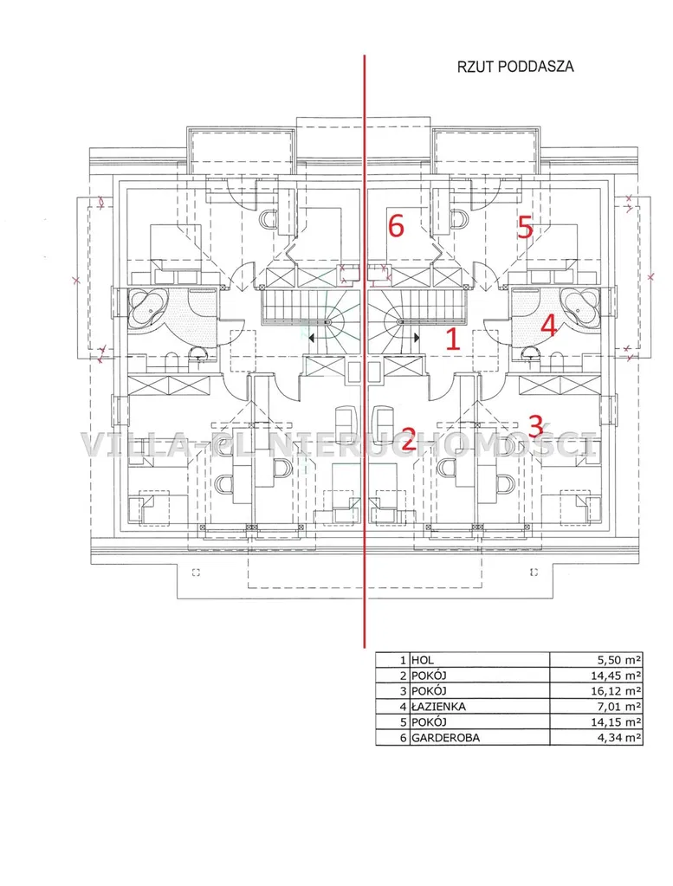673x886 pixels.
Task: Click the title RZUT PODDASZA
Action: point(515,67)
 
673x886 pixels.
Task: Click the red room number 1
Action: point(453,339)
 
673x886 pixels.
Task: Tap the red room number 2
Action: point(408,440)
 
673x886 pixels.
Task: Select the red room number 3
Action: point(536,425)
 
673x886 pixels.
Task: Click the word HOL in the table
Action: point(423,660)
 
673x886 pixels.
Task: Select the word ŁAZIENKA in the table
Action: point(439,707)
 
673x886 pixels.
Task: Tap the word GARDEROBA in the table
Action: point(445,737)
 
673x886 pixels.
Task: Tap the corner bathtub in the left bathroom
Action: point(148,308)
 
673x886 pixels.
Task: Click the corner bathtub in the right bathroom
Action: point(581,308)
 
